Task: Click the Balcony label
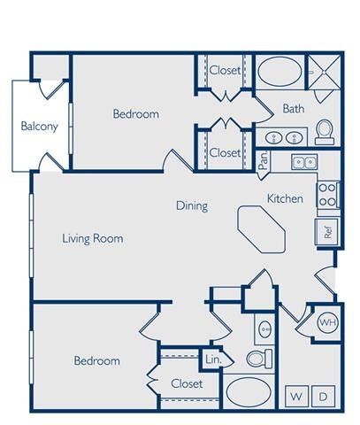point(40,126)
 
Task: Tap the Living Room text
point(92,238)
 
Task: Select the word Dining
point(191,206)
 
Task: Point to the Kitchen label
point(285,198)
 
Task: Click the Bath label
point(294,109)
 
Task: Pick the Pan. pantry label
point(264,158)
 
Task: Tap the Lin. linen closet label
point(213,359)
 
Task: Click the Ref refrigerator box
point(326,232)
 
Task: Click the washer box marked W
point(295,395)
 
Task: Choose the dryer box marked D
point(323,395)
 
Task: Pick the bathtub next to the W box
point(251,391)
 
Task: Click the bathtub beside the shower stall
point(279,70)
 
